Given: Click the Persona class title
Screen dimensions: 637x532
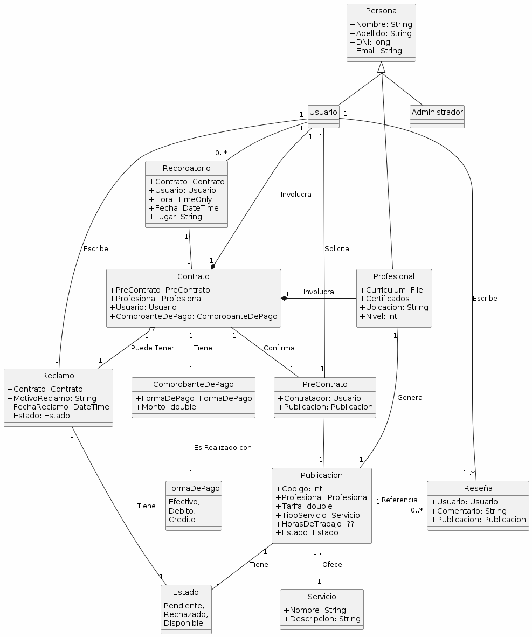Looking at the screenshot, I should pos(381,11).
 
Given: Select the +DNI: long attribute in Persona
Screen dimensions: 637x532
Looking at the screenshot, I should pos(371,42).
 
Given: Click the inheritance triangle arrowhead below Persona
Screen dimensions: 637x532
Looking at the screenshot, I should pos(382,67).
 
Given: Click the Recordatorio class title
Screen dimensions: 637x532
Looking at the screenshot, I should pos(186,169).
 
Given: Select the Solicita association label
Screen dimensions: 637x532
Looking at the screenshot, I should pos(336,248).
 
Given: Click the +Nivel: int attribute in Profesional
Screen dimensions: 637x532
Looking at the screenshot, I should pos(378,316).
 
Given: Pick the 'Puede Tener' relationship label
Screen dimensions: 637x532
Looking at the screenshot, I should pos(152,348).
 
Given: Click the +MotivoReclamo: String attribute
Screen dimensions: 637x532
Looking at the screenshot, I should pos(52,398).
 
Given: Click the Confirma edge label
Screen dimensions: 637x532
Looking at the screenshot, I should pos(279,348).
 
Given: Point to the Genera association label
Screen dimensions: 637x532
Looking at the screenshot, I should pos(410,397).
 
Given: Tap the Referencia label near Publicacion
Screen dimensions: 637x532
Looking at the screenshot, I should pos(399,500).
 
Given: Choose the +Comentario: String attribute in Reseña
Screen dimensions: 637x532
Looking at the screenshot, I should pos(468,511).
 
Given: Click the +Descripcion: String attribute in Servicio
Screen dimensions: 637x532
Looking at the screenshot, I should pos(322,619).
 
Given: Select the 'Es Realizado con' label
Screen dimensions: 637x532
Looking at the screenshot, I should pos(223,447).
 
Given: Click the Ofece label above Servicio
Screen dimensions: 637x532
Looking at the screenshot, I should pos(332,564).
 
